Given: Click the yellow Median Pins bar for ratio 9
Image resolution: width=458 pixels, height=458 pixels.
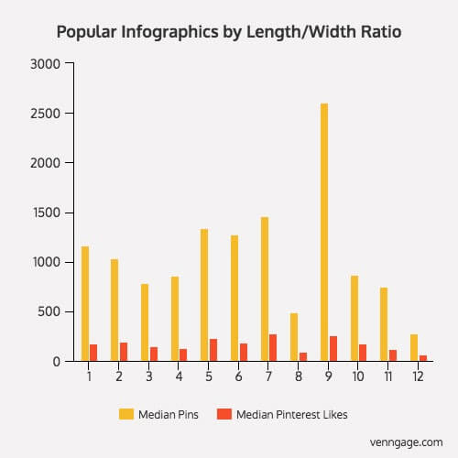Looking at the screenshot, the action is point(324,233).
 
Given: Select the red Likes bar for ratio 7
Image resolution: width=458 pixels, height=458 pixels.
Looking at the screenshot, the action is point(273,348).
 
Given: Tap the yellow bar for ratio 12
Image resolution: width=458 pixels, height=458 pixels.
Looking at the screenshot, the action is point(414,348).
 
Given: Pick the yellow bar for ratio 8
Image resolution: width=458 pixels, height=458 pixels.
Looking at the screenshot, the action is point(294,337).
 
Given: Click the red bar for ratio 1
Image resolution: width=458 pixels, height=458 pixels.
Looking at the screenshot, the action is point(93,353).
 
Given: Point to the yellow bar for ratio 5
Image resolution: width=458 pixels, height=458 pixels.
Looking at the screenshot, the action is point(204,295).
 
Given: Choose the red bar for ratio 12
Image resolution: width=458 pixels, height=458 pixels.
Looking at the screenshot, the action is point(423,358).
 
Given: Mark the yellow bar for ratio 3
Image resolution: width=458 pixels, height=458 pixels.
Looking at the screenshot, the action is point(145,322).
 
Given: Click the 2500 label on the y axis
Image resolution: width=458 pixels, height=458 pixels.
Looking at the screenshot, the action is point(45,114).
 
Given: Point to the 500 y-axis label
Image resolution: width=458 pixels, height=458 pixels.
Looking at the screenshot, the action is point(49,311).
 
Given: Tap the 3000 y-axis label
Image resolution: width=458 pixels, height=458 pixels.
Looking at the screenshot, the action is point(45,64).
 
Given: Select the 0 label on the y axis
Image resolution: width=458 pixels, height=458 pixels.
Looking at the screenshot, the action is point(57,362).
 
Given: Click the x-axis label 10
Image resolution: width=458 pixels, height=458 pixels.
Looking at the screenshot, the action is point(358,376).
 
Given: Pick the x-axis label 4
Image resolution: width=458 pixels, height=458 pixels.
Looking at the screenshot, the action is point(179,376).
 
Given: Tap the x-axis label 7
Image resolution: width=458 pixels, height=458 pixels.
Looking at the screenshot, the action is point(268,376).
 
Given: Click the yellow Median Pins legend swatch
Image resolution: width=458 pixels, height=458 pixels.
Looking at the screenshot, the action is point(126,414).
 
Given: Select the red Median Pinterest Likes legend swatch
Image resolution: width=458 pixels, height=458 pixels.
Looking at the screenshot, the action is point(224,414).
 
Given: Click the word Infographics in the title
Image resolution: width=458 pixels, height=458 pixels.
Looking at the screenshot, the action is point(169,32).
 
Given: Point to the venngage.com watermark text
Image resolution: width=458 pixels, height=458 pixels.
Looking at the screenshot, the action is point(406,442).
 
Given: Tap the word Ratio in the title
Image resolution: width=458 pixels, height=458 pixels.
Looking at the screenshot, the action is point(381,32).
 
